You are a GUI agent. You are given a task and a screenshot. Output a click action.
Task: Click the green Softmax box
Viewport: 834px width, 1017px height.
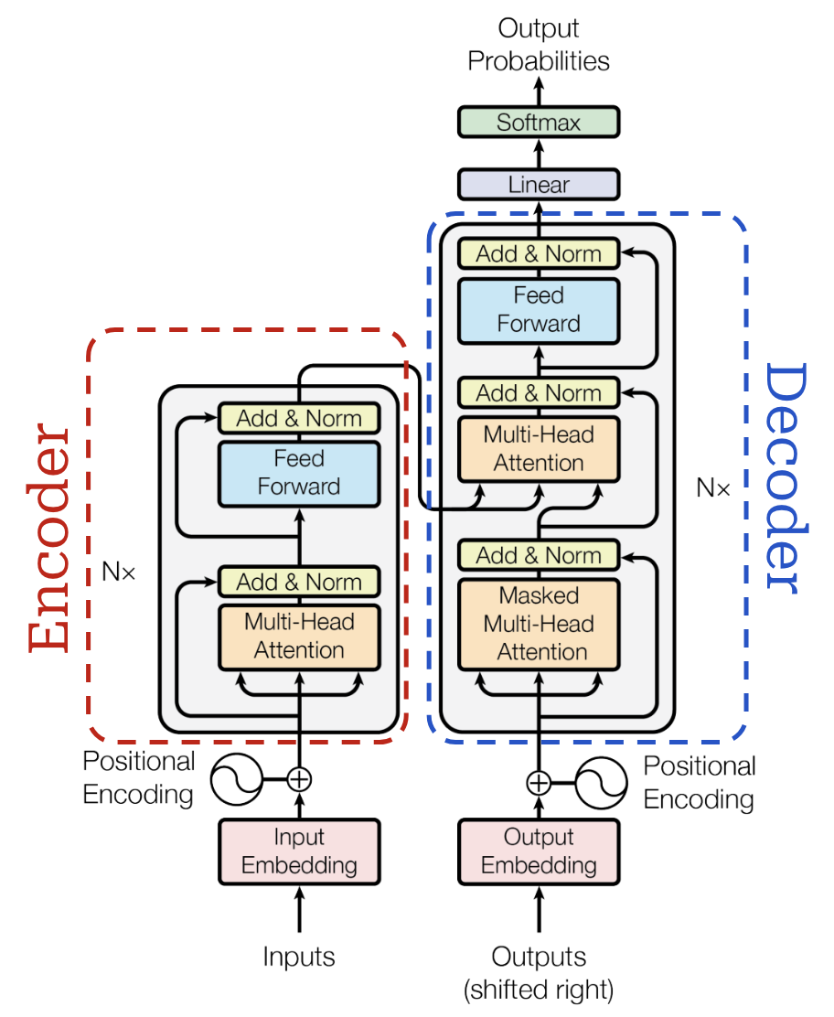click(x=539, y=123)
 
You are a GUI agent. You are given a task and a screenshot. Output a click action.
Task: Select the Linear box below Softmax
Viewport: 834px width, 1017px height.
click(x=539, y=185)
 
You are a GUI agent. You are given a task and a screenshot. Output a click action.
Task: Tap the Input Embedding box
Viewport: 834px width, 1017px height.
click(x=299, y=851)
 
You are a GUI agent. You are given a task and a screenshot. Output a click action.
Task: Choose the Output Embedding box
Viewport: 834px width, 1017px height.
click(x=539, y=851)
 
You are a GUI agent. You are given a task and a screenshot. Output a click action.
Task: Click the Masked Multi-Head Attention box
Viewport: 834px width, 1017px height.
click(x=539, y=624)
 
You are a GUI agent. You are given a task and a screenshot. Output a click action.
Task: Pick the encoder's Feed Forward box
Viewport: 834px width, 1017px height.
click(x=299, y=473)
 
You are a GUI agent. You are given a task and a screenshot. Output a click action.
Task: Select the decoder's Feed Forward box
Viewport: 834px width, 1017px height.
click(x=539, y=310)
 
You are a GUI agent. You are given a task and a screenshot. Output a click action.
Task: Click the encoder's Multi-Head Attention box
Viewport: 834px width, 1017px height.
click(x=299, y=637)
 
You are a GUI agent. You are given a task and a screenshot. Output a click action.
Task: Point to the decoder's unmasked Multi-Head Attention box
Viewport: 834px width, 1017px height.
click(x=539, y=449)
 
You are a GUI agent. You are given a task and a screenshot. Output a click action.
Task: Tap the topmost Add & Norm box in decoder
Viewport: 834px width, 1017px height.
click(x=539, y=253)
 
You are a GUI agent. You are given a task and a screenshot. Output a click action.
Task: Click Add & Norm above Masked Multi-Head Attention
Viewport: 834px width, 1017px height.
click(x=539, y=555)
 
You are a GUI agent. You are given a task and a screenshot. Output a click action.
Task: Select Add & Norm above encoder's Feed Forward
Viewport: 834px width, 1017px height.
click(x=299, y=419)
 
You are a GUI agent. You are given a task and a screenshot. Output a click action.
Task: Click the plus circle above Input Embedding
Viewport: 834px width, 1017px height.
click(x=299, y=779)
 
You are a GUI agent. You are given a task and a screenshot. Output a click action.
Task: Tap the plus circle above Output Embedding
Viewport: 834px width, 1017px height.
click(x=539, y=783)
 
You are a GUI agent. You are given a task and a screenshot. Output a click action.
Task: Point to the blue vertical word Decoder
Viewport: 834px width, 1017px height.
click(x=785, y=476)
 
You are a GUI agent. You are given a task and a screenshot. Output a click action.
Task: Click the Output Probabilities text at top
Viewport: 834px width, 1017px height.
click(x=539, y=45)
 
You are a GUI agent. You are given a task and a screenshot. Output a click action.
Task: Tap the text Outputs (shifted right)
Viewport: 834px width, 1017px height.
click(x=539, y=972)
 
